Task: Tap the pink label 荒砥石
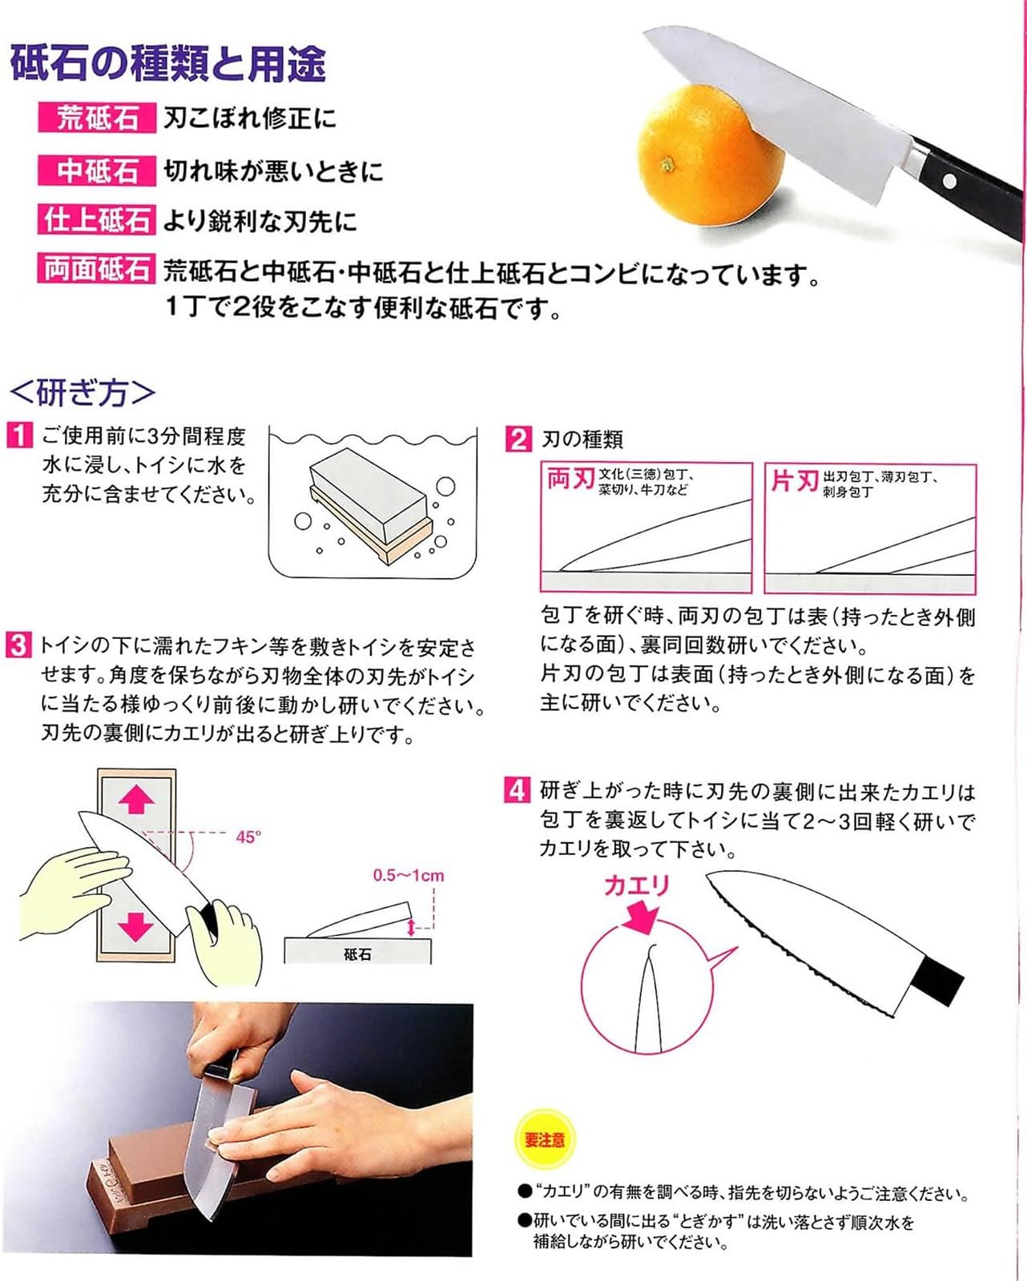point(97,118)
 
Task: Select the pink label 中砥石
point(97,171)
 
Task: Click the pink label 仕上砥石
point(97,220)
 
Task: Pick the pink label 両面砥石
point(97,270)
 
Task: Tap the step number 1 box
point(19,436)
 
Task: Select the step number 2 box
point(518,439)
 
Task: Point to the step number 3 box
point(18,645)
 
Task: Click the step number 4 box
point(517,790)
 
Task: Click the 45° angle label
point(248,837)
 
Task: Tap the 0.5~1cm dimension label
point(408,875)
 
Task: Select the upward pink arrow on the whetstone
point(135,798)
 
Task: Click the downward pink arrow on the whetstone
point(135,926)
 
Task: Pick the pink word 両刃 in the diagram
point(570,479)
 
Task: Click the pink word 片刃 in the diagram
point(794,480)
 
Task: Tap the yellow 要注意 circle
point(545,1139)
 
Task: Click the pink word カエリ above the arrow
point(636,885)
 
